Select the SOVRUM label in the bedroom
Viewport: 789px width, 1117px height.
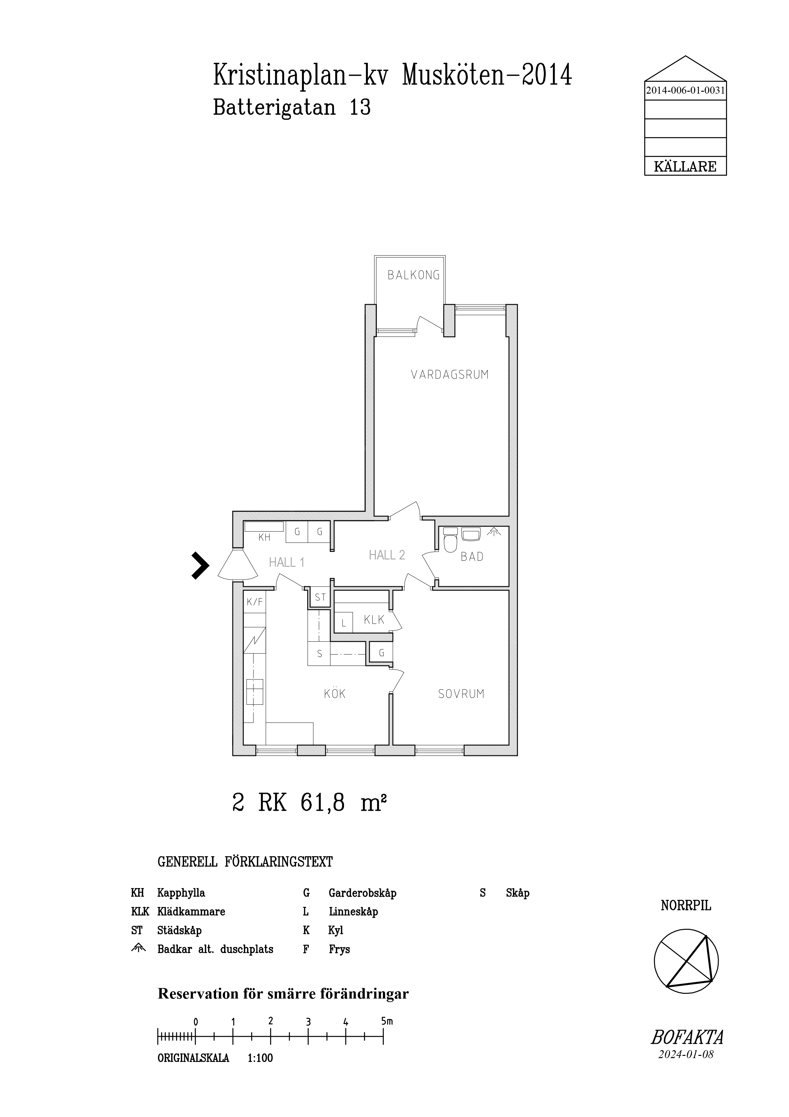[x=461, y=694]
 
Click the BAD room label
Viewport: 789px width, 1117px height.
[x=472, y=557]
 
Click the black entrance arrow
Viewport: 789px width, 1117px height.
[x=200, y=565]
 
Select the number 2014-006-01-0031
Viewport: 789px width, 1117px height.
[x=686, y=90]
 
